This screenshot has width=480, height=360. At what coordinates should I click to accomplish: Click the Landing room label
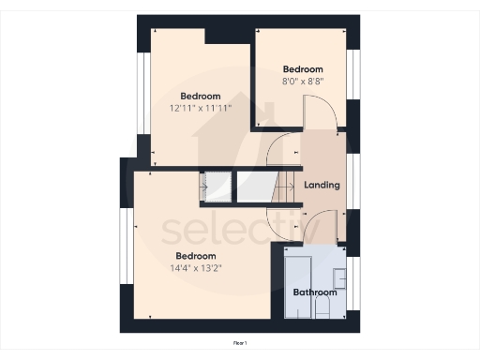click(322, 185)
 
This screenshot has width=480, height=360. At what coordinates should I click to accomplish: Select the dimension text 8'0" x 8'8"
click(303, 82)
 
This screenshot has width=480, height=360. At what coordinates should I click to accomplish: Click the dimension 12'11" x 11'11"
click(201, 108)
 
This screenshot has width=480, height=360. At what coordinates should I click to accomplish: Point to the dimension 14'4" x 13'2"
click(196, 267)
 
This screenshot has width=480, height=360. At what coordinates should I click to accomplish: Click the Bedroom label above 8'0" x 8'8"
click(303, 69)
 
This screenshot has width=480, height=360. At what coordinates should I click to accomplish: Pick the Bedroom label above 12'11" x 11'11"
click(201, 96)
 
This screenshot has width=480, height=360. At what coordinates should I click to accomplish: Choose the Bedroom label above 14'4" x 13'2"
click(196, 255)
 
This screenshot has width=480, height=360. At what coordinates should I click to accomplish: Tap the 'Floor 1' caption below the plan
click(240, 344)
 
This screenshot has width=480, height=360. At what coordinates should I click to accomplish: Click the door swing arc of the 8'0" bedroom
click(323, 112)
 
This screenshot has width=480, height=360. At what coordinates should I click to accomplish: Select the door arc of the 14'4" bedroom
click(281, 221)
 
